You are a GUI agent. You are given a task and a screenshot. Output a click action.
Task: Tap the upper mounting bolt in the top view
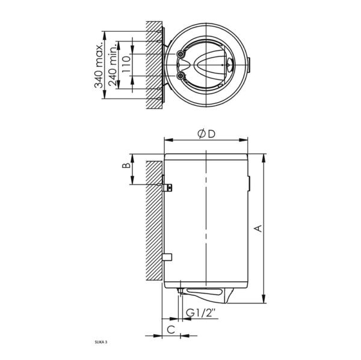point(180,55)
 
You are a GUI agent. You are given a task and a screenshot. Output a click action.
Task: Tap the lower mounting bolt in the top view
point(180,76)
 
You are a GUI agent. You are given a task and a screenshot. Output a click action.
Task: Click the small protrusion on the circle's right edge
point(248,64)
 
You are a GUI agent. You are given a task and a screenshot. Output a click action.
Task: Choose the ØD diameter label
point(206,133)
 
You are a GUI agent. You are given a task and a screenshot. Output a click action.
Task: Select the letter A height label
point(259,228)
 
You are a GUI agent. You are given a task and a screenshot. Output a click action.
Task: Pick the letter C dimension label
point(170,329)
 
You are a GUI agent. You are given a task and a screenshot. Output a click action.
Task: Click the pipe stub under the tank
point(180,293)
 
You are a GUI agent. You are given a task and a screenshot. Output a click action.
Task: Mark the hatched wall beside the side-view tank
point(153,222)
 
